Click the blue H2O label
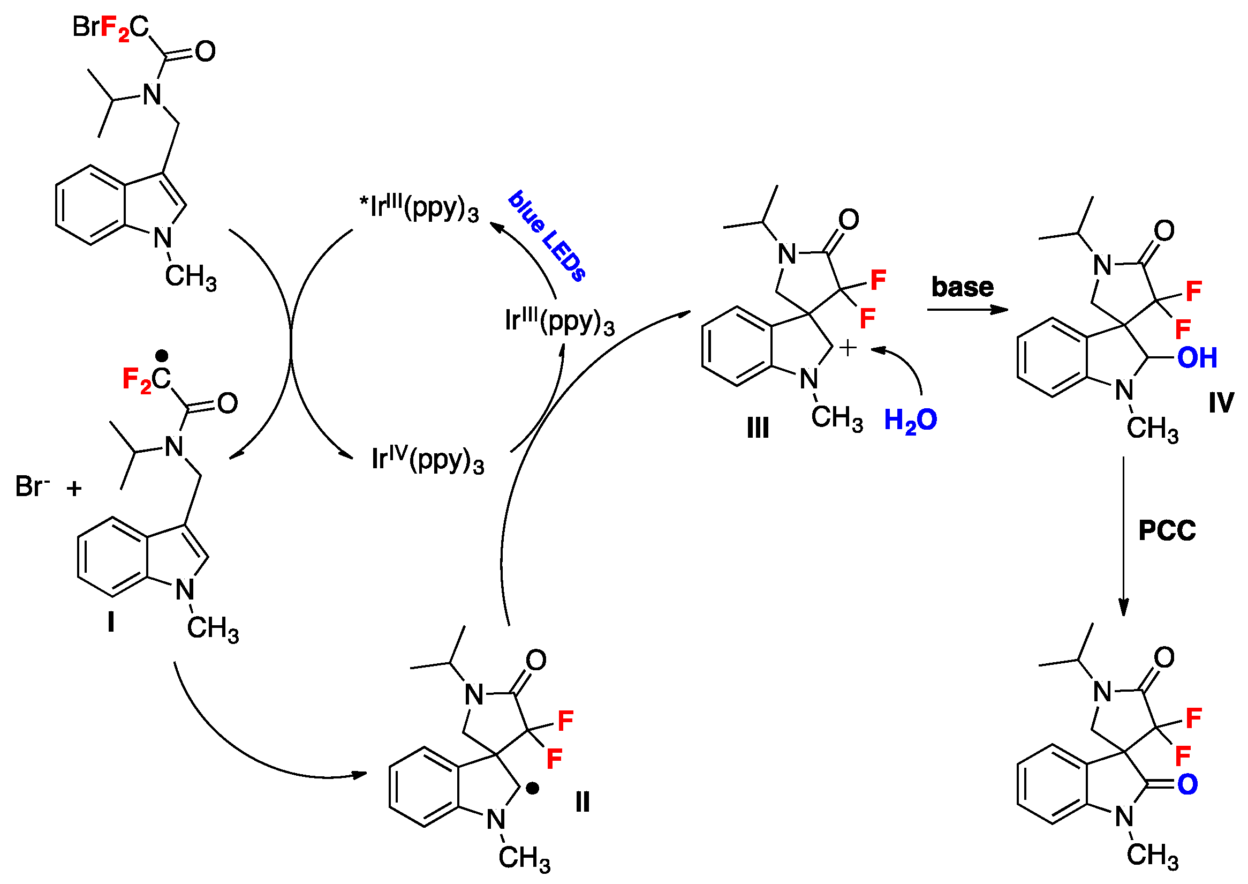(910, 420)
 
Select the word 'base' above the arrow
(963, 287)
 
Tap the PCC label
(1167, 531)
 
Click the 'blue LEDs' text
(547, 235)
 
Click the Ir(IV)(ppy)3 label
(428, 460)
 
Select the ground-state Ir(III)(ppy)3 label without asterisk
(559, 321)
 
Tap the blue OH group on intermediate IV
(1197, 358)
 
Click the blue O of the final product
(1188, 784)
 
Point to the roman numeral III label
(758, 428)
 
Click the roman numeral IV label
(1221, 403)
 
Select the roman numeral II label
(583, 803)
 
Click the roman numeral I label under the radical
(111, 621)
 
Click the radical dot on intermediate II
(533, 788)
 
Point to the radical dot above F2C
(162, 356)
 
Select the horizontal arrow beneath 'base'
(967, 310)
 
